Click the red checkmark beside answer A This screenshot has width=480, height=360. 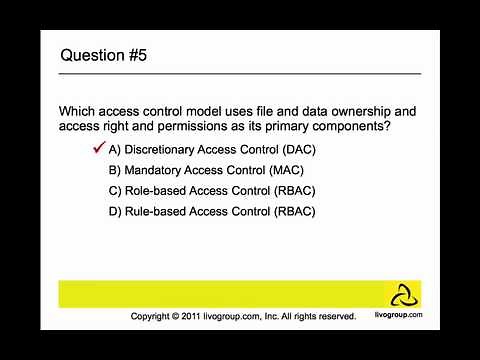[x=98, y=148]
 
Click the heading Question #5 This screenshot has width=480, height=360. [x=105, y=55]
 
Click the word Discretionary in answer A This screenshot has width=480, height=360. [x=164, y=149]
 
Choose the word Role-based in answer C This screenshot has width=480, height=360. [x=153, y=191]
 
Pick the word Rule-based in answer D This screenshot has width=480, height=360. [x=153, y=211]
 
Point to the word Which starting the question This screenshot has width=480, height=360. [x=80, y=111]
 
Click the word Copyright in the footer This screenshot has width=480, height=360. [x=155, y=316]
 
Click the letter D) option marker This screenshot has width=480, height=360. [x=115, y=211]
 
